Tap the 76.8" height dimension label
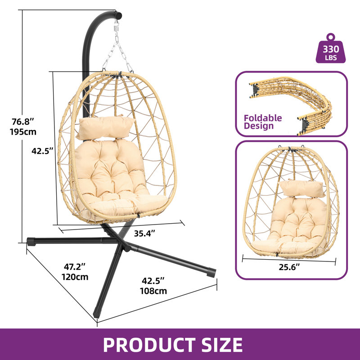(x=23, y=121)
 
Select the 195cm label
(x=23, y=132)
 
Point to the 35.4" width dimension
(x=144, y=234)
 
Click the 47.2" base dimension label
(x=75, y=267)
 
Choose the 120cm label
(x=75, y=277)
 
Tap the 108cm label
(x=153, y=291)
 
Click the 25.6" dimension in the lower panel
(x=289, y=267)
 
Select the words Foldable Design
(x=263, y=122)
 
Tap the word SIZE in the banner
(x=222, y=345)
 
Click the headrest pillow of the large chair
(x=105, y=127)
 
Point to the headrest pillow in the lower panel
(x=301, y=189)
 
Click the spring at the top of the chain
(x=116, y=28)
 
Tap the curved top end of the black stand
(x=117, y=15)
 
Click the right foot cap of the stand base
(x=211, y=273)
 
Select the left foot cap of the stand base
(x=31, y=242)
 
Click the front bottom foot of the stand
(x=96, y=314)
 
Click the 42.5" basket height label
(x=42, y=151)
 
